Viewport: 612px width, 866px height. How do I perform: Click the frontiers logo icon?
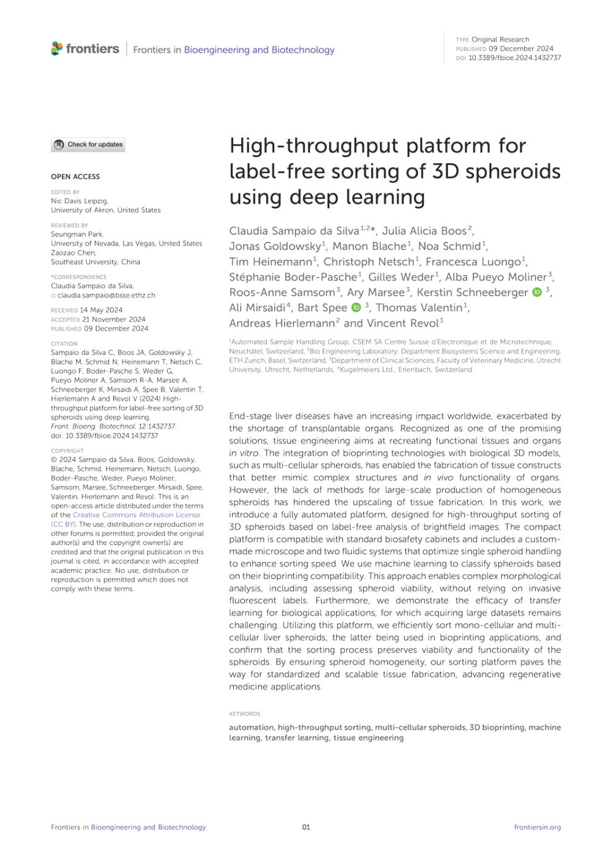(57, 48)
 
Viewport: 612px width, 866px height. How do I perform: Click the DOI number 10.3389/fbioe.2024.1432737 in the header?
(514, 58)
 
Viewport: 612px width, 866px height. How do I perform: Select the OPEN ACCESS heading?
(75, 176)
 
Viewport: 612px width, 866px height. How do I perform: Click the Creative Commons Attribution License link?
(136, 515)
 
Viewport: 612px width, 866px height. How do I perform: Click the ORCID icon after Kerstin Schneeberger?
(537, 292)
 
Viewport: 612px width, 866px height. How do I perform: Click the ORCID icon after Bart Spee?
(356, 307)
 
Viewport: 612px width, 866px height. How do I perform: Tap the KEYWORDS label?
(244, 714)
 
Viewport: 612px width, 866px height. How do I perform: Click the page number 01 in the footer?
(306, 827)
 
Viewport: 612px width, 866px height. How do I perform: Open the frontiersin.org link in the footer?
(537, 827)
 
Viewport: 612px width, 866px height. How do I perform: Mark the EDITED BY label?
(65, 192)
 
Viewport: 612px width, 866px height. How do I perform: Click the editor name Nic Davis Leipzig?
(79, 201)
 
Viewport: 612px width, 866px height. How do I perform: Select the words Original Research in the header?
(500, 39)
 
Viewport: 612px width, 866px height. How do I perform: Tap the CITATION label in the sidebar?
(64, 343)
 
